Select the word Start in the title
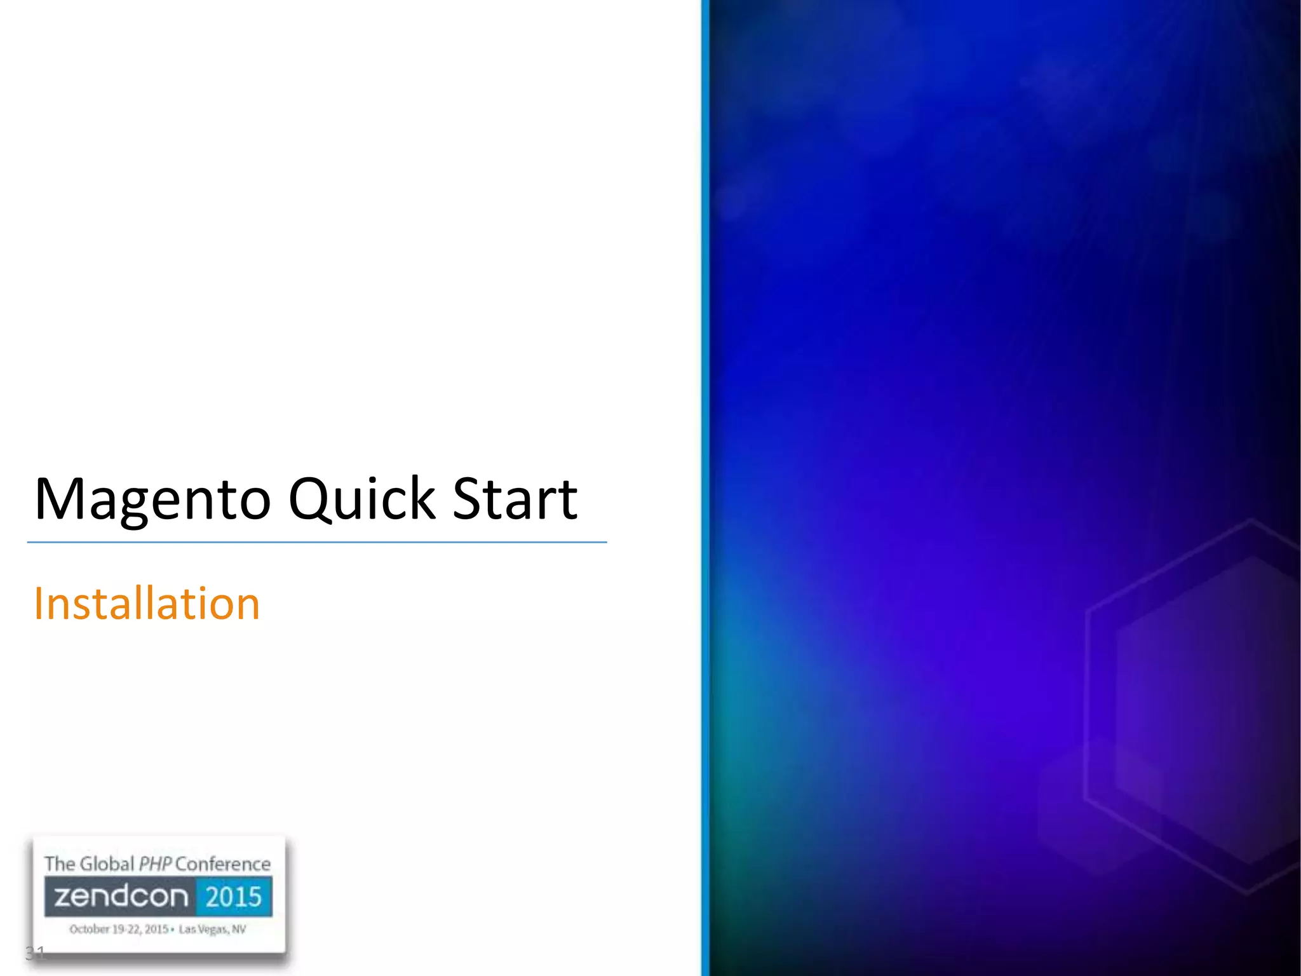click(x=515, y=499)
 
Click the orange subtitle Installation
click(x=147, y=603)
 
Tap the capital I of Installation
click(x=39, y=603)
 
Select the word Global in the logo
click(x=107, y=864)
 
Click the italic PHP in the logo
click(x=155, y=864)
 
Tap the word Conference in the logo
click(x=223, y=864)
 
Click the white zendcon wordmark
click(x=121, y=897)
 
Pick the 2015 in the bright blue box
click(x=234, y=897)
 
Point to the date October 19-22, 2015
click(x=119, y=929)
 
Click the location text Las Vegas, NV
click(x=212, y=929)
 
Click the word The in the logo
click(x=60, y=864)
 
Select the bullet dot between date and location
click(x=173, y=930)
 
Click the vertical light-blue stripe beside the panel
click(x=705, y=488)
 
